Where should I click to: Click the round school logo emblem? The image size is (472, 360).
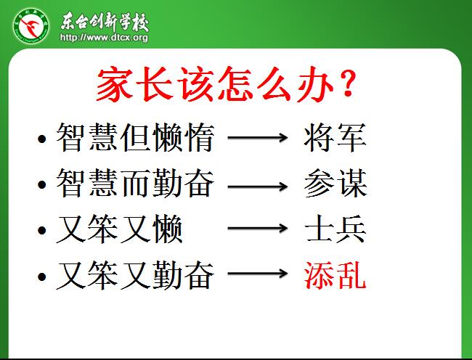click(31, 26)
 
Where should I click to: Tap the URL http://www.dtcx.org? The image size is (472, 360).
click(104, 37)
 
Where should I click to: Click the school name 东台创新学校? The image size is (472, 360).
click(105, 21)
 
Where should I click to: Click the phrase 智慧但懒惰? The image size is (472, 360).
click(135, 137)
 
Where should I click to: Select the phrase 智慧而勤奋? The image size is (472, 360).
click(135, 183)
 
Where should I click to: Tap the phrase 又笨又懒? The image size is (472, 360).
click(119, 229)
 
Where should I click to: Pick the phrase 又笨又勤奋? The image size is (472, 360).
click(135, 275)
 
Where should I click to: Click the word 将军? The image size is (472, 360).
click(335, 137)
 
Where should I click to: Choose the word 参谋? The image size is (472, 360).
click(335, 183)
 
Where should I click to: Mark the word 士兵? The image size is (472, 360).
click(335, 229)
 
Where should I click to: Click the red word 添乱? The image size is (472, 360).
click(335, 275)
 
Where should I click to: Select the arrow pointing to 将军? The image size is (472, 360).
click(258, 137)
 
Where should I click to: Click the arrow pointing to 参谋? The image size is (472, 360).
click(258, 186)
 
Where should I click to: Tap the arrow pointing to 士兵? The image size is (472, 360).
click(258, 228)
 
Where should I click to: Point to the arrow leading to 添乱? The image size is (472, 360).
click(258, 274)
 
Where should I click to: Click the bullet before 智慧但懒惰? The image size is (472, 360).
click(42, 139)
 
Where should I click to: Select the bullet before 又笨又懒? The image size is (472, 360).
click(42, 230)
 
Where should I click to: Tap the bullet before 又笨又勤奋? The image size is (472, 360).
click(42, 277)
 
